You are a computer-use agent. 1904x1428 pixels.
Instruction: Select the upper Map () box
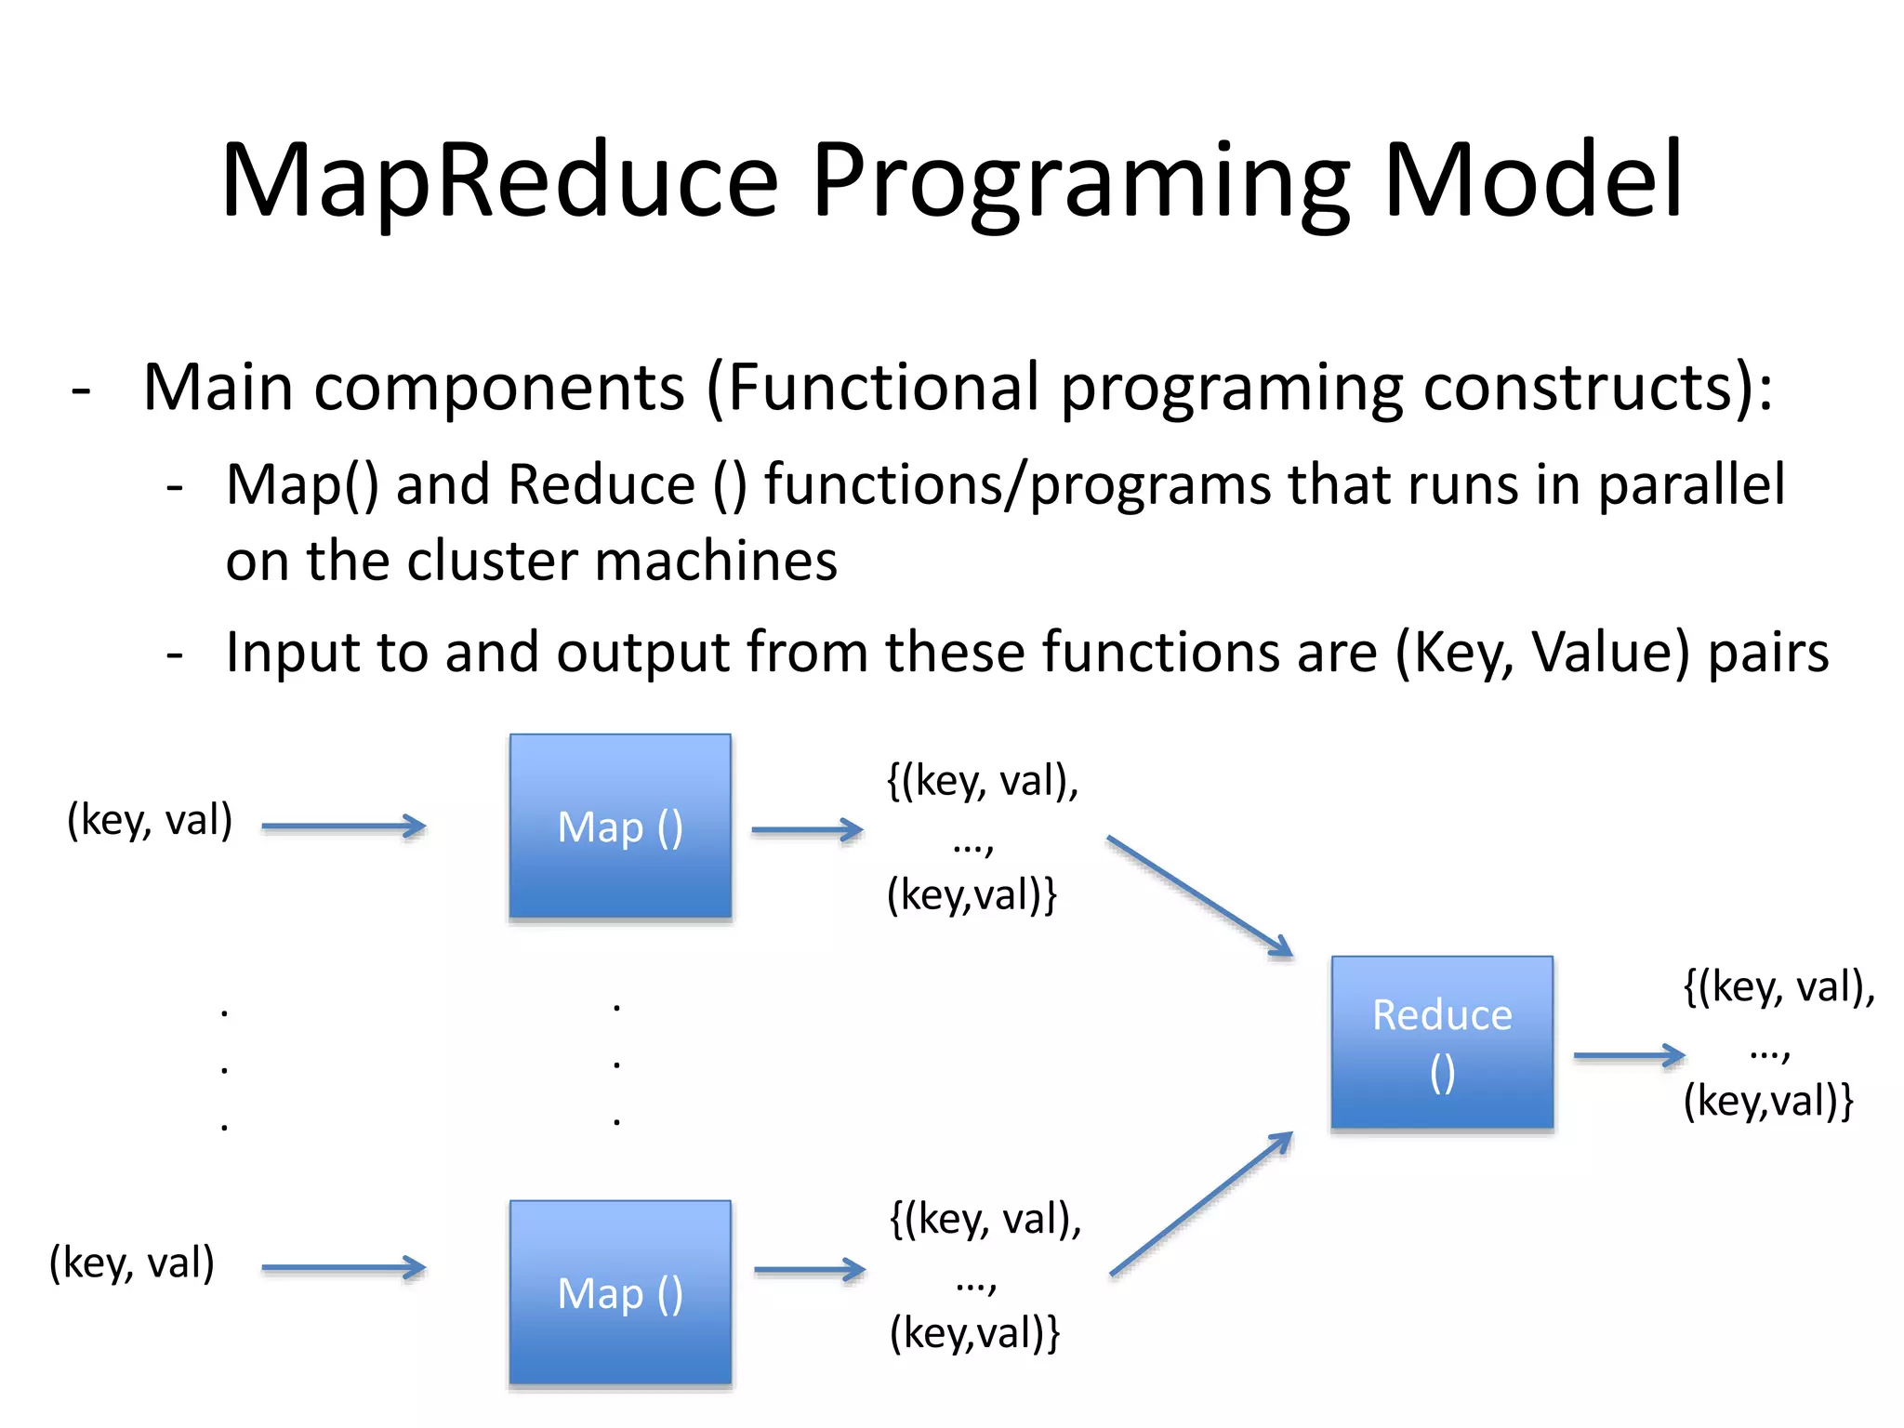[620, 826]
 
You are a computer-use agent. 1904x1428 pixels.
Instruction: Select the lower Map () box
[620, 1293]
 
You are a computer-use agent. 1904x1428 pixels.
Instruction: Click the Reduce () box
[1442, 1042]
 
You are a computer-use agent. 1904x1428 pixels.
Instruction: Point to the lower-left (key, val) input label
[132, 1263]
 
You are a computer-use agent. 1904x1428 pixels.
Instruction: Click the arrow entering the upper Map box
[343, 826]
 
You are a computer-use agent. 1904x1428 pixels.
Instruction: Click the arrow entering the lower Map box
[343, 1267]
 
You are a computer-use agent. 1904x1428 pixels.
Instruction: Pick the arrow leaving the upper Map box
[807, 829]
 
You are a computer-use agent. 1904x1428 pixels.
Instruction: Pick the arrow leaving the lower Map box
[809, 1270]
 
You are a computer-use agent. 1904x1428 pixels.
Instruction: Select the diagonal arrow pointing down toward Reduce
[1199, 896]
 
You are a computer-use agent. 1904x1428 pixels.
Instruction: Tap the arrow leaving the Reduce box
[1629, 1055]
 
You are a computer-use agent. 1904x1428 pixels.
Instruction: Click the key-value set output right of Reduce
[1778, 1043]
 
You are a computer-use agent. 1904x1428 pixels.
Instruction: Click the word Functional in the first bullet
[882, 387]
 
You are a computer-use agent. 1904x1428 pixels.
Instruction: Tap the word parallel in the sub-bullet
[1691, 484]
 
